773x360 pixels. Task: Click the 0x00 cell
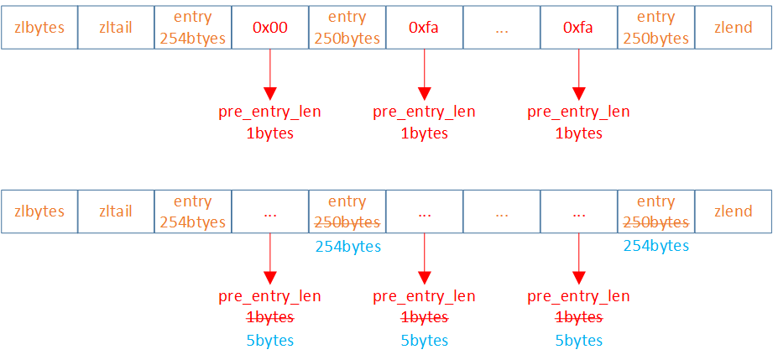point(270,28)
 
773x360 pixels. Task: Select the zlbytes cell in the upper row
point(39,28)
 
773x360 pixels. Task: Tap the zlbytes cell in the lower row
point(39,211)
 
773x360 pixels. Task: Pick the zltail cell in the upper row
point(116,28)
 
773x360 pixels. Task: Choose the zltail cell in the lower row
point(116,211)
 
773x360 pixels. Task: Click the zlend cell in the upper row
point(733,28)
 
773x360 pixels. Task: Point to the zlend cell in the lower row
point(733,211)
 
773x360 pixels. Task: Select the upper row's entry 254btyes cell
point(193,28)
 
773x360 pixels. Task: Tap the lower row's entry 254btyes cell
point(193,211)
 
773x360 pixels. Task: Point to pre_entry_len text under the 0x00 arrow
point(270,112)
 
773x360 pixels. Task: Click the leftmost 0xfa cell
point(424,28)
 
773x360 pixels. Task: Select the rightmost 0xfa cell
point(578,28)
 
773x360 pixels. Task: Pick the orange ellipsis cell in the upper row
point(502,28)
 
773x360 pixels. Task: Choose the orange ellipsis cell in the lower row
point(502,211)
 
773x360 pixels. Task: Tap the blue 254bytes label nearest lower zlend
point(655,246)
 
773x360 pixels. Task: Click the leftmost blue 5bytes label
point(270,340)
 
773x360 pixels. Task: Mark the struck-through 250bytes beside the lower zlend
point(655,222)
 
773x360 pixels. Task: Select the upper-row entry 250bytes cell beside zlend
point(655,28)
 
